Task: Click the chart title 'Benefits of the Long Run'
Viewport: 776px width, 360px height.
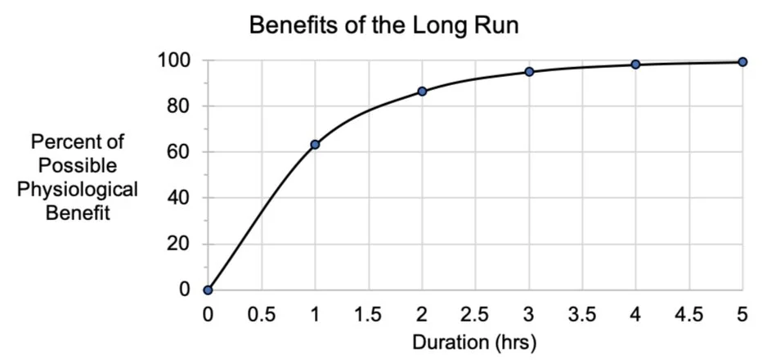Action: (384, 25)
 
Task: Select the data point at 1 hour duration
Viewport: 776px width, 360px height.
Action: (315, 145)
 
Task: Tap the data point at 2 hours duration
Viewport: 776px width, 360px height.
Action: (422, 91)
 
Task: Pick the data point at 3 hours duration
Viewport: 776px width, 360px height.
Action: (529, 72)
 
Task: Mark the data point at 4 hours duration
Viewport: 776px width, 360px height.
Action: (635, 65)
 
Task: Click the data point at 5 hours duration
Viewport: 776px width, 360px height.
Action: (742, 61)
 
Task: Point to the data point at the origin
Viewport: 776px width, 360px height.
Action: (209, 290)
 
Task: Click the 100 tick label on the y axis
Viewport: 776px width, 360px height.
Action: (176, 61)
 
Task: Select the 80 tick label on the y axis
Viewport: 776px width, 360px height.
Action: (180, 106)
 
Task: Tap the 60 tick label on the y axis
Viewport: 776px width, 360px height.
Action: (180, 152)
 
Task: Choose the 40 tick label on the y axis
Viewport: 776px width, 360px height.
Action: (180, 198)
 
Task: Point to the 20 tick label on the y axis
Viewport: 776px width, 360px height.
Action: (180, 244)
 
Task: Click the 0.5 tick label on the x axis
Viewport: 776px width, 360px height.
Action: (262, 314)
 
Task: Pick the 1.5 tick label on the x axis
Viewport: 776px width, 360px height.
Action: (369, 314)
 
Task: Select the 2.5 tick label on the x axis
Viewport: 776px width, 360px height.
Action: (475, 314)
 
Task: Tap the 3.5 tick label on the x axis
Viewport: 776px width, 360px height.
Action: (582, 314)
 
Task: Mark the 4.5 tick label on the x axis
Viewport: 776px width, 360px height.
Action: (689, 314)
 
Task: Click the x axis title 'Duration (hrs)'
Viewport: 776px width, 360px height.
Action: (475, 341)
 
